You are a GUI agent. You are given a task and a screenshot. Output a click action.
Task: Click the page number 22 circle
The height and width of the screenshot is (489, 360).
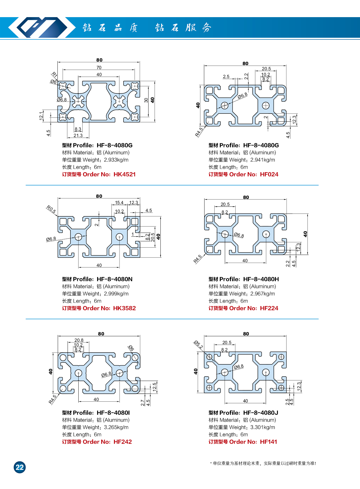[x=19, y=467]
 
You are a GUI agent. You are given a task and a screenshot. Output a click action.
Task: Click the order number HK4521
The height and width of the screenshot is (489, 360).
[x=124, y=175]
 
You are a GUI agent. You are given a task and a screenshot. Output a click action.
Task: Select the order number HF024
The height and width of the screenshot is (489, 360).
[x=269, y=175]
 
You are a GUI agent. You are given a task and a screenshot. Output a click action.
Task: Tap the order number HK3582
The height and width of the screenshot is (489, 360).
[x=124, y=308]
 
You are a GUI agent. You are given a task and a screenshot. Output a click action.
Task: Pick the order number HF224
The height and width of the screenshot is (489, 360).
[x=269, y=308]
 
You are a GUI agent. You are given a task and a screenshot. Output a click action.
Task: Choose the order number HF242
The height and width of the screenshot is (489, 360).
[x=123, y=442]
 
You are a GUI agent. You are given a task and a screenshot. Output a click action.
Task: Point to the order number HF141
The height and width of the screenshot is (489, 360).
[x=269, y=442]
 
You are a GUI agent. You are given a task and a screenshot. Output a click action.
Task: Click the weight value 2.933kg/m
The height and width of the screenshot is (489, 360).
[x=116, y=160]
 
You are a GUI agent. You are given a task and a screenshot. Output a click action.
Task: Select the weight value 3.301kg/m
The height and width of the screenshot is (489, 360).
[x=263, y=427]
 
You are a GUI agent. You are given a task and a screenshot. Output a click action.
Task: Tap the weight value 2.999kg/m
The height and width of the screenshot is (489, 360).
[x=116, y=294]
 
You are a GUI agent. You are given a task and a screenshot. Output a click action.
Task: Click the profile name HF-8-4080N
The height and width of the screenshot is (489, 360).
[x=115, y=279]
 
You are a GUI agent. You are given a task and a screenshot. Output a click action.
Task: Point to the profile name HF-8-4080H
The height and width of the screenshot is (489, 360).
[x=261, y=279]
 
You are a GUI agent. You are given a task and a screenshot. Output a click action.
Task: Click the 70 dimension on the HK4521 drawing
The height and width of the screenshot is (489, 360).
[x=99, y=68]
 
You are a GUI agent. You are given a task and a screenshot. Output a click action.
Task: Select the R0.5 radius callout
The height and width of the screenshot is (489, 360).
[x=51, y=209]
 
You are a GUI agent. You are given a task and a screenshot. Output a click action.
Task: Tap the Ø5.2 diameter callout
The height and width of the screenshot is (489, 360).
[x=199, y=344]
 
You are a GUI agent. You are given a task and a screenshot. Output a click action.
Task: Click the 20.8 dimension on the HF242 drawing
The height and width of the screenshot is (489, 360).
[x=79, y=340]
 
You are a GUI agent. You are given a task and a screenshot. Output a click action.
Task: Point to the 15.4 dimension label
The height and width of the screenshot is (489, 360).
[x=119, y=203]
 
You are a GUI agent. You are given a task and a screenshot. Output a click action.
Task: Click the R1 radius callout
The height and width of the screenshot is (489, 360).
[x=54, y=74]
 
